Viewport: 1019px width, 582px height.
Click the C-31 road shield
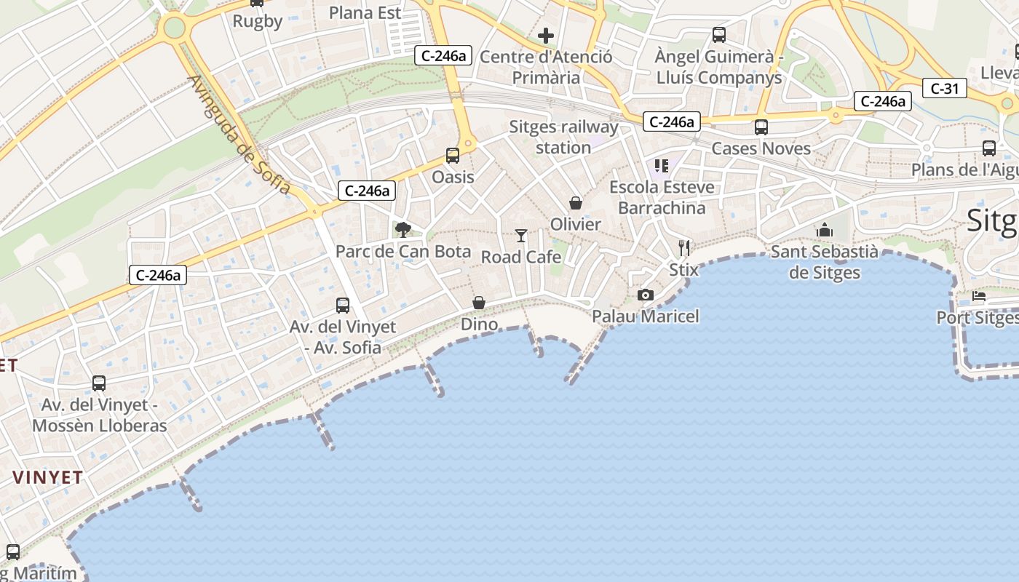click(945, 89)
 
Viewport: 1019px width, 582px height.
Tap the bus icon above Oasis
click(453, 155)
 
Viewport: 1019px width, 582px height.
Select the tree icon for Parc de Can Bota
click(403, 230)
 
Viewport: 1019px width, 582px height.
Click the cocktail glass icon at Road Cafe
click(521, 235)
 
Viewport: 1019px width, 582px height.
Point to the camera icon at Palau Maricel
click(645, 295)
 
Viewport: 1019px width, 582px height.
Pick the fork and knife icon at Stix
click(683, 248)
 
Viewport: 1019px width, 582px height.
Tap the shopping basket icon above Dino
click(479, 303)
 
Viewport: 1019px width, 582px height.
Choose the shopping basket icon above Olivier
click(576, 203)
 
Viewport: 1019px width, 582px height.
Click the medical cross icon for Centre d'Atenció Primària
click(545, 35)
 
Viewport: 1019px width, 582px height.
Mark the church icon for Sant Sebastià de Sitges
click(825, 230)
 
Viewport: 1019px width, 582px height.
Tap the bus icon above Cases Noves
click(761, 127)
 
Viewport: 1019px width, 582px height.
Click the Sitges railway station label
click(563, 137)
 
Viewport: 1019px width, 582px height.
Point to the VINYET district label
click(48, 478)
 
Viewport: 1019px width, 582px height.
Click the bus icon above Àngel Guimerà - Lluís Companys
click(719, 34)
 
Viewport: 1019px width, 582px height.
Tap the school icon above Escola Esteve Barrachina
click(661, 166)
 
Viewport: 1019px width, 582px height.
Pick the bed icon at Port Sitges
click(979, 297)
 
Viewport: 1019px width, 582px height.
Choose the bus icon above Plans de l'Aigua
click(988, 148)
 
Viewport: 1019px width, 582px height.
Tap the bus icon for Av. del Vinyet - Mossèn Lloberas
click(99, 383)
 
